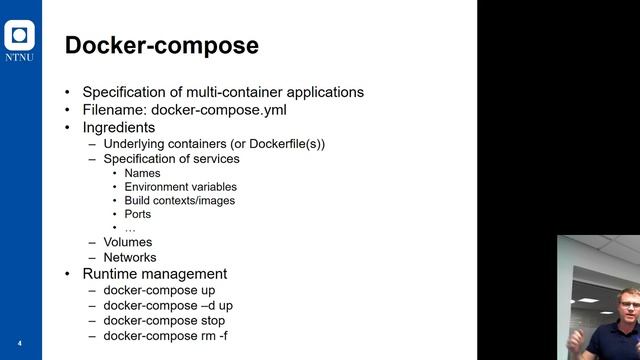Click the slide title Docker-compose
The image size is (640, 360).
(161, 46)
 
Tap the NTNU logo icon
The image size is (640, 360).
(20, 37)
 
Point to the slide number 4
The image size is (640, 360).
(19, 344)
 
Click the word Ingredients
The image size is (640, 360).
(119, 128)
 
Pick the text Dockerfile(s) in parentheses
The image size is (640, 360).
(284, 144)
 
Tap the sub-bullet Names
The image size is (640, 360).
(142, 173)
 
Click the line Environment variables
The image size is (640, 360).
(180, 187)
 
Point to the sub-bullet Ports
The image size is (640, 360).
(138, 214)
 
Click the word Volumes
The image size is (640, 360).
(128, 242)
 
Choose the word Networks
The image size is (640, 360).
(130, 257)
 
